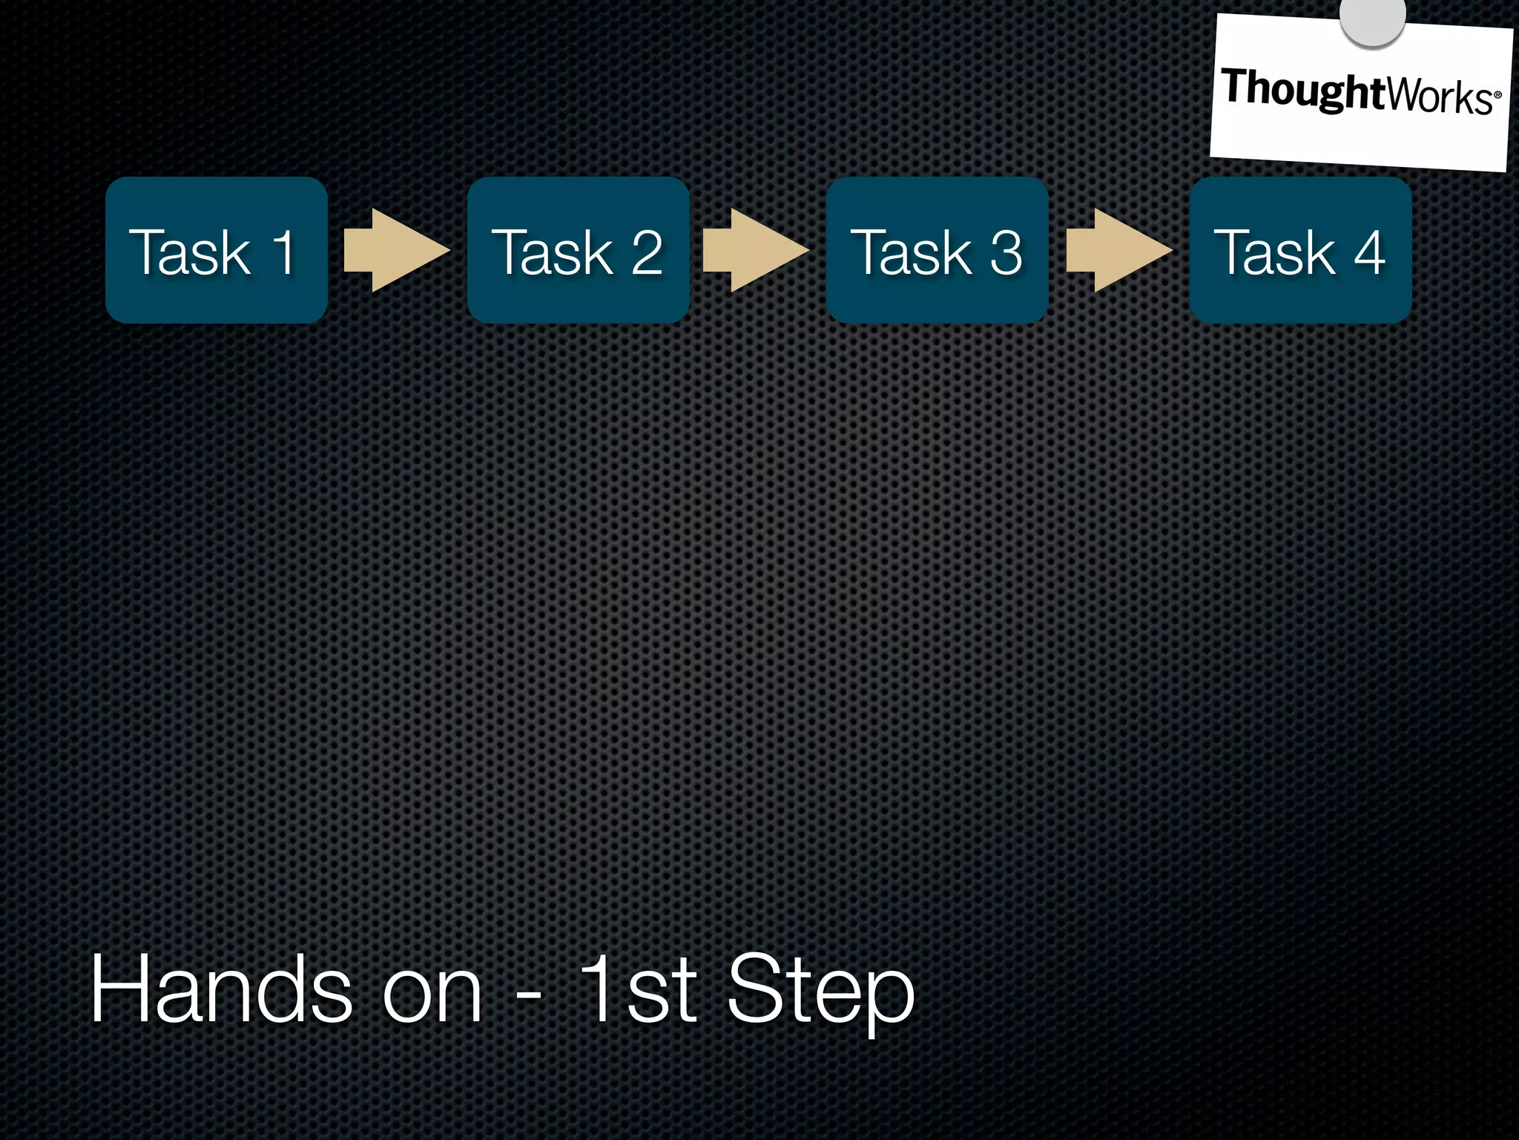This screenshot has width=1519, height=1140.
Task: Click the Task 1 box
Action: [216, 250]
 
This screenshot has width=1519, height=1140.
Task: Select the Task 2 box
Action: [578, 250]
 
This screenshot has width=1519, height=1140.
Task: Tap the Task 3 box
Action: [938, 250]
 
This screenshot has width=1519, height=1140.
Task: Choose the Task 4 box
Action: [1300, 250]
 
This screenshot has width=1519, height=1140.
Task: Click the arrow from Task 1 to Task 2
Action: [396, 250]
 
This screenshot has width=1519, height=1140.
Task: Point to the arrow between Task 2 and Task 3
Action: [755, 250]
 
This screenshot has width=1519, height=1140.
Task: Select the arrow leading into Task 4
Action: [1118, 250]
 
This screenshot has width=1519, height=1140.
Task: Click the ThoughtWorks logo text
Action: [1357, 92]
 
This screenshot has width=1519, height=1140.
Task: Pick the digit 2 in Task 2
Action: [646, 252]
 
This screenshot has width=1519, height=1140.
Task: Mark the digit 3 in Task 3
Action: [1006, 252]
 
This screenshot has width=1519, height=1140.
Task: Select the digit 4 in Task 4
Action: [1369, 252]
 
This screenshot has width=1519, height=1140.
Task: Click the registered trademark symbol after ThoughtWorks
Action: [1497, 96]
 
